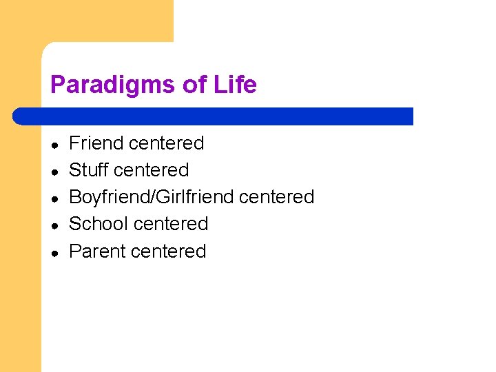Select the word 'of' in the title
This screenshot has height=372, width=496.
[194, 85]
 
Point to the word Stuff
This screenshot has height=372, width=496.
[90, 170]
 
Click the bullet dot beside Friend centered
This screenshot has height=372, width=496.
[54, 145]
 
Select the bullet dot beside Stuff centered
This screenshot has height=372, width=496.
[54, 172]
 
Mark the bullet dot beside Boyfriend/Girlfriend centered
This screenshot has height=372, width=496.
[54, 198]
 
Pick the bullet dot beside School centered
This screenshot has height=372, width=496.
[54, 225]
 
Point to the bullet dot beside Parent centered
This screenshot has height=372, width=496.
[54, 252]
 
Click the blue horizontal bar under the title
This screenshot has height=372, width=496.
[214, 116]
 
